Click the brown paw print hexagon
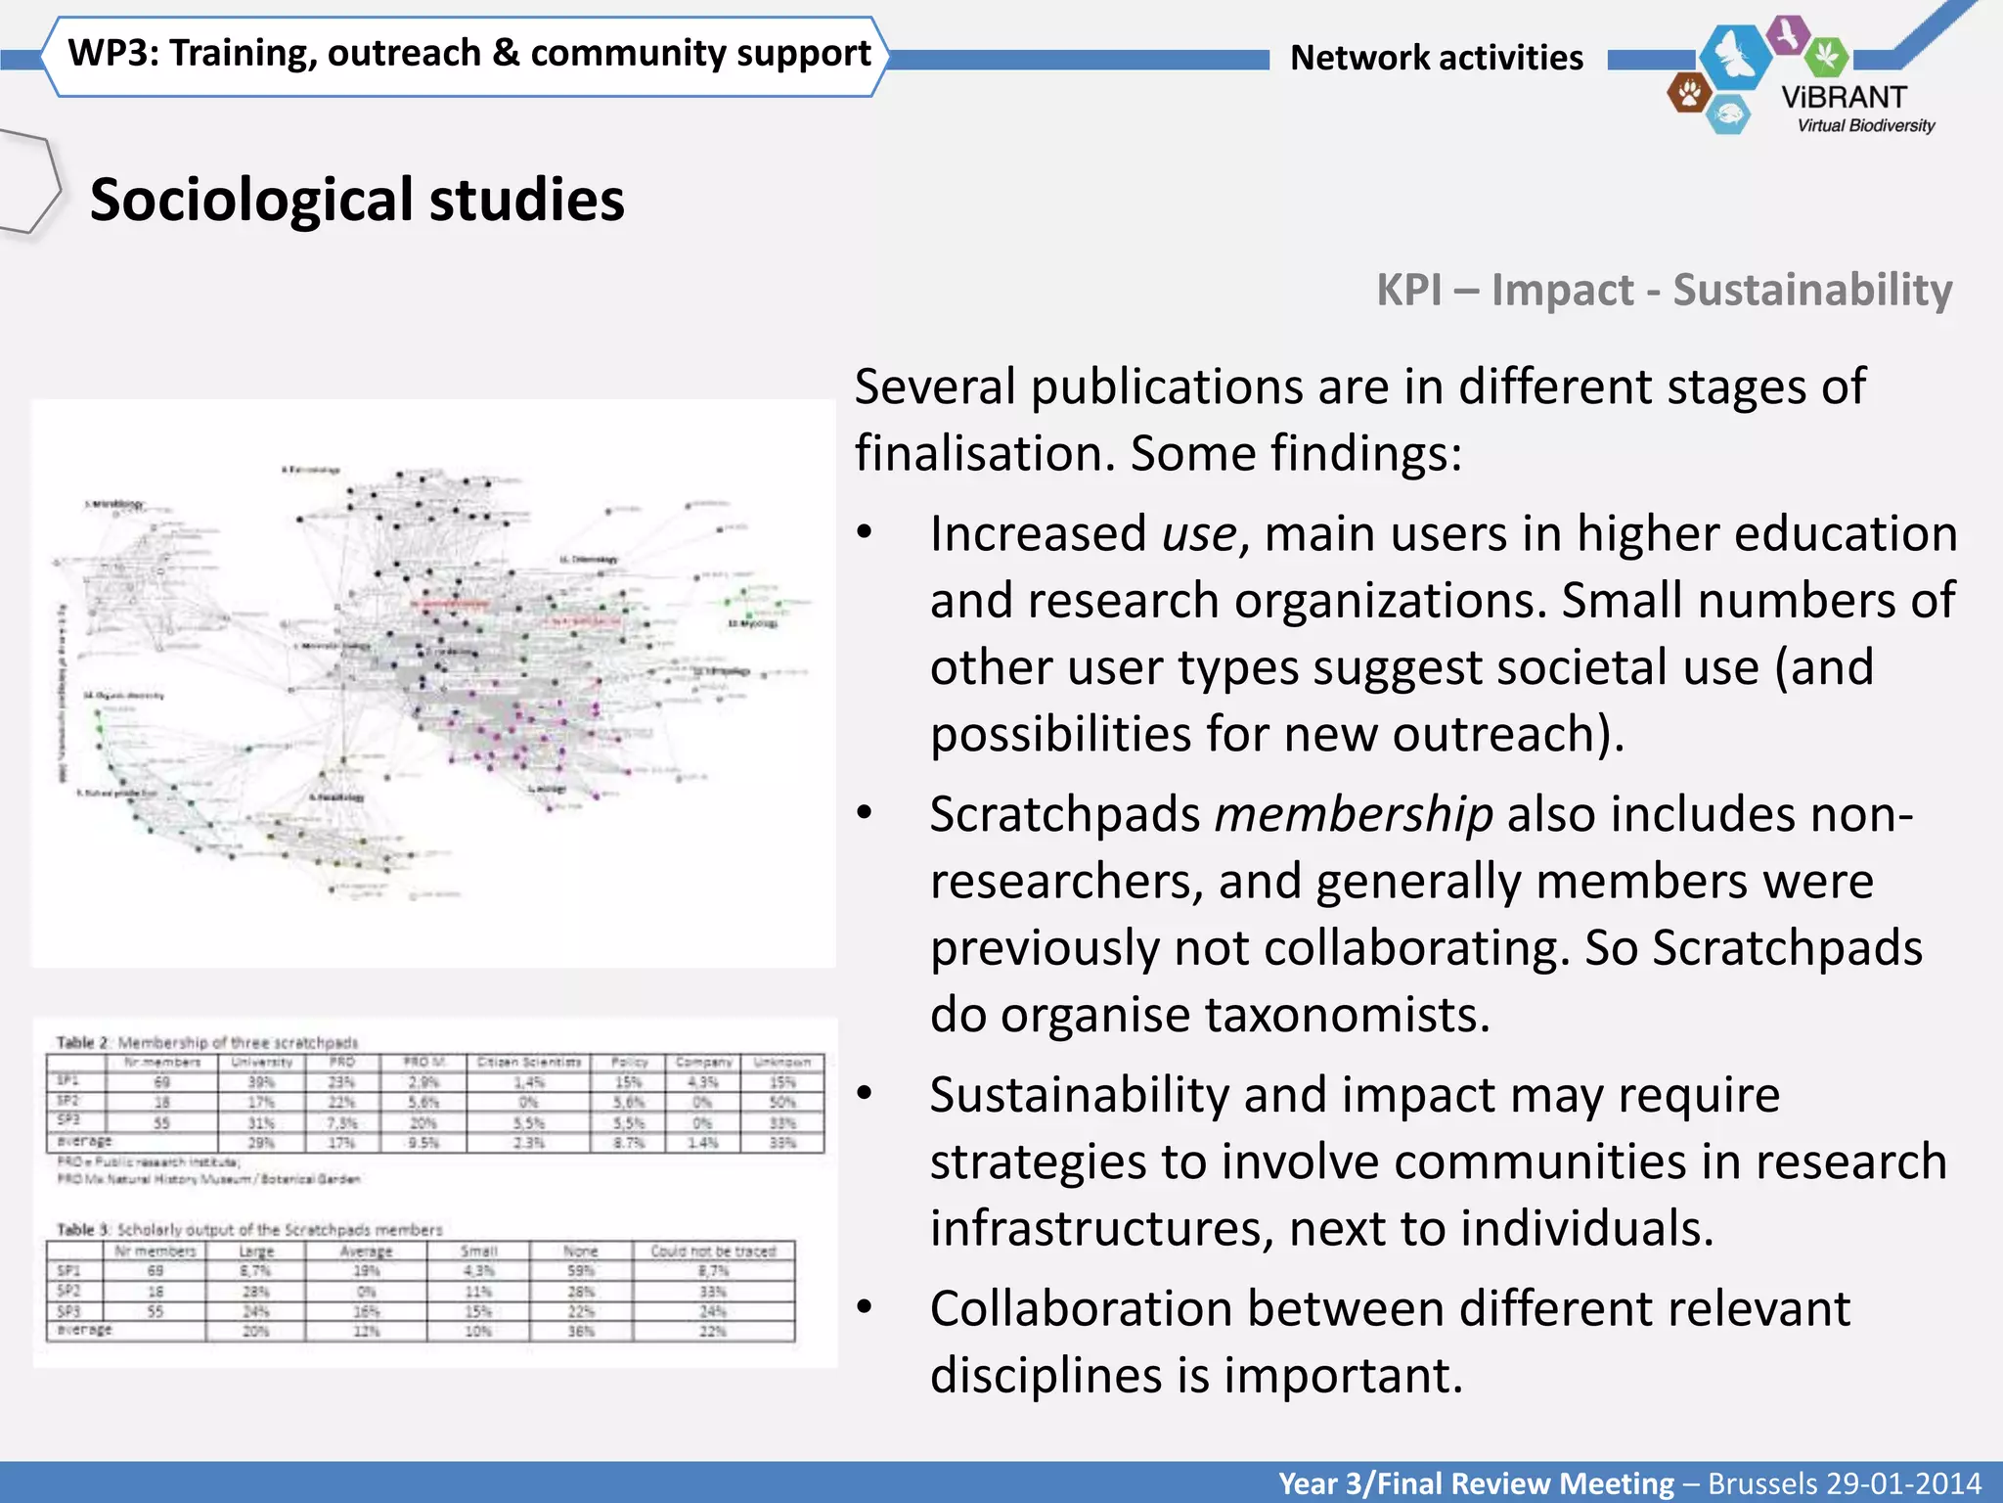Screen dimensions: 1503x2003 (1689, 94)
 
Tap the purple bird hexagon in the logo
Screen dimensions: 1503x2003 (1789, 35)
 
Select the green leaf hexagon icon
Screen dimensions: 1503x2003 (1825, 56)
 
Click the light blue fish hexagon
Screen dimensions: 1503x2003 (1728, 114)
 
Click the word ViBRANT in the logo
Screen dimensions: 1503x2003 (1844, 97)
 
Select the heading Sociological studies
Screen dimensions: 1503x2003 (357, 200)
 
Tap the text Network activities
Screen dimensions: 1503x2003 (1436, 58)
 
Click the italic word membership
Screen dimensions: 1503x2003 (1353, 814)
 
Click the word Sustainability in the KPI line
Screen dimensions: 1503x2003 (1811, 290)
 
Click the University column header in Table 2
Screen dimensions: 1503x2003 (261, 1062)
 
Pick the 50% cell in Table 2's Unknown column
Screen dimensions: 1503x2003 (782, 1102)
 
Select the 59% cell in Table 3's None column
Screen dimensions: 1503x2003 (581, 1271)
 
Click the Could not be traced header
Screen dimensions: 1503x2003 (713, 1251)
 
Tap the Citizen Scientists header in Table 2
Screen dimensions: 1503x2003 (529, 1062)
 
